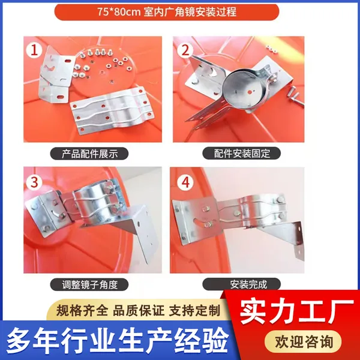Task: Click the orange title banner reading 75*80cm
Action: tap(167, 12)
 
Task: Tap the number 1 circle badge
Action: tap(34, 50)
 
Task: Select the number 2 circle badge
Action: tap(185, 50)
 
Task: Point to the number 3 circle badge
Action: tap(34, 182)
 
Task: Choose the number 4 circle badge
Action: tap(185, 182)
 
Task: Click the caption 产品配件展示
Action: tap(89, 154)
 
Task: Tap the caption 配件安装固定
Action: tap(242, 154)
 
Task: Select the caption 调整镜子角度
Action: tap(89, 284)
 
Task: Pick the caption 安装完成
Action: tap(242, 284)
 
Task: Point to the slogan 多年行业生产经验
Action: tap(118, 340)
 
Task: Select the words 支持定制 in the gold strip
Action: tap(194, 311)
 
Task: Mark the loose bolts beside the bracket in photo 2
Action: tap(296, 96)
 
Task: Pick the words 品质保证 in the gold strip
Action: tap(139, 311)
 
